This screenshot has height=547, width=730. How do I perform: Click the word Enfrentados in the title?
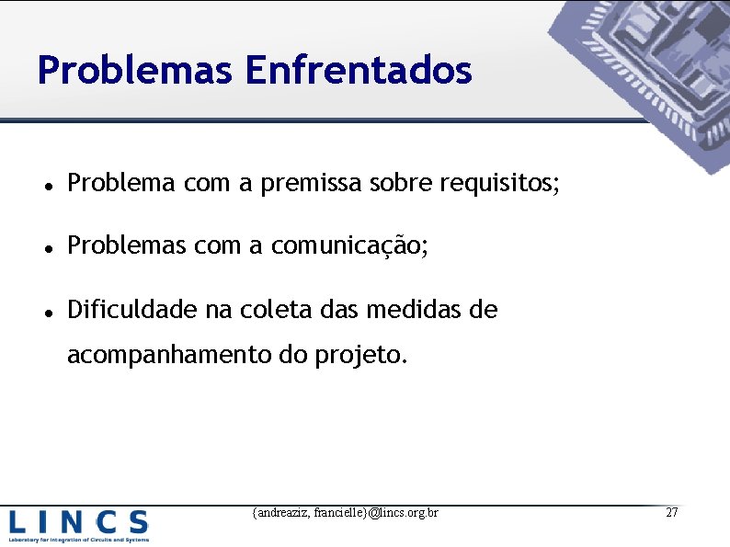[359, 70]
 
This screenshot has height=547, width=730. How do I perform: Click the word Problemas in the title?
[134, 70]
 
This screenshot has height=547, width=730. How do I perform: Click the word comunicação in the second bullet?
[348, 246]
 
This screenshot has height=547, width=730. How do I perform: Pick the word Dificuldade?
[132, 310]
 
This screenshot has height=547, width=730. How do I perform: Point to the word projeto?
[359, 355]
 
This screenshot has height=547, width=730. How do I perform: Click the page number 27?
[671, 512]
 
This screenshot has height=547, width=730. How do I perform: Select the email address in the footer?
[345, 512]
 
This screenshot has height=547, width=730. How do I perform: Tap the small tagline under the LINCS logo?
[78, 540]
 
